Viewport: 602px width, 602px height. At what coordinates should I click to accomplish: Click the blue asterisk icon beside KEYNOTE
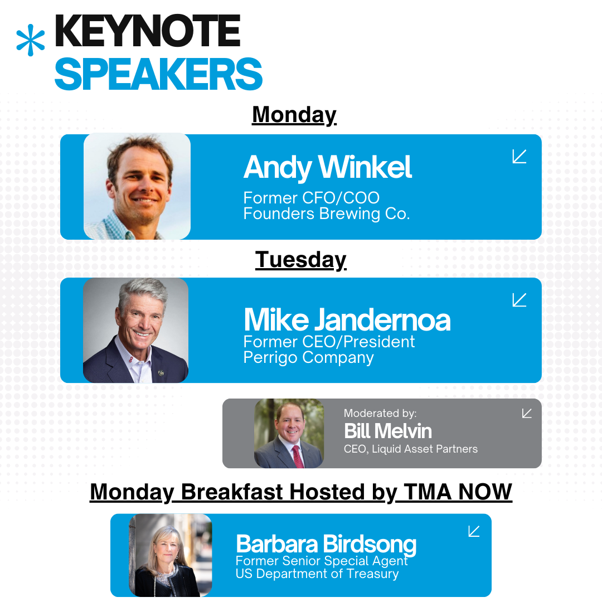pyautogui.click(x=30, y=40)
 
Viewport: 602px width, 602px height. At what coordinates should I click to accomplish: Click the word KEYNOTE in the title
pyautogui.click(x=148, y=31)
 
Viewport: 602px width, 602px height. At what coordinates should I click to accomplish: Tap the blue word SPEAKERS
pyautogui.click(x=158, y=74)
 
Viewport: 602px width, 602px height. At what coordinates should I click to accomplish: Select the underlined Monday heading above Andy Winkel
pyautogui.click(x=294, y=115)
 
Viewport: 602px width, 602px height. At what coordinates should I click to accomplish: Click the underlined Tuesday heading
pyautogui.click(x=300, y=260)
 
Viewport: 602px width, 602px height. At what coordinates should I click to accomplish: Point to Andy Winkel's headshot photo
pyautogui.click(x=137, y=186)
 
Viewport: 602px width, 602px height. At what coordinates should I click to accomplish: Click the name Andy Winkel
pyautogui.click(x=328, y=167)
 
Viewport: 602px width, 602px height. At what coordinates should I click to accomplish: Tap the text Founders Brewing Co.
pyautogui.click(x=327, y=213)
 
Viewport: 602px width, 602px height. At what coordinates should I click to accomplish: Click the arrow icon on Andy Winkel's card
pyautogui.click(x=519, y=156)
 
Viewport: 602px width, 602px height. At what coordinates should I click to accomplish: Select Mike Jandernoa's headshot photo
pyautogui.click(x=135, y=330)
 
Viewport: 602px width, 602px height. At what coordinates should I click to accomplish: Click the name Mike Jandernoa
pyautogui.click(x=347, y=320)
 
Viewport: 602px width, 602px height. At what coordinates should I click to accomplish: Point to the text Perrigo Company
pyautogui.click(x=308, y=357)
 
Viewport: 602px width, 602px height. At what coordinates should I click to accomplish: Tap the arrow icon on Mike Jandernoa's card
pyautogui.click(x=519, y=300)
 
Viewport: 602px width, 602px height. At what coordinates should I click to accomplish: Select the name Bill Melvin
pyautogui.click(x=388, y=431)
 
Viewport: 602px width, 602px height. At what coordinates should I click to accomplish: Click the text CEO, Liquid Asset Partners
pyautogui.click(x=410, y=449)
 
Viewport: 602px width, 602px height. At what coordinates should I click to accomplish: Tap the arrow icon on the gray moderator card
pyautogui.click(x=527, y=413)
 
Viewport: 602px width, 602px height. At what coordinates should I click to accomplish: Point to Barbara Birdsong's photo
pyautogui.click(x=171, y=555)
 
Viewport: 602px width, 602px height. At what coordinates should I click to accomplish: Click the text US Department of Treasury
pyautogui.click(x=317, y=574)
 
